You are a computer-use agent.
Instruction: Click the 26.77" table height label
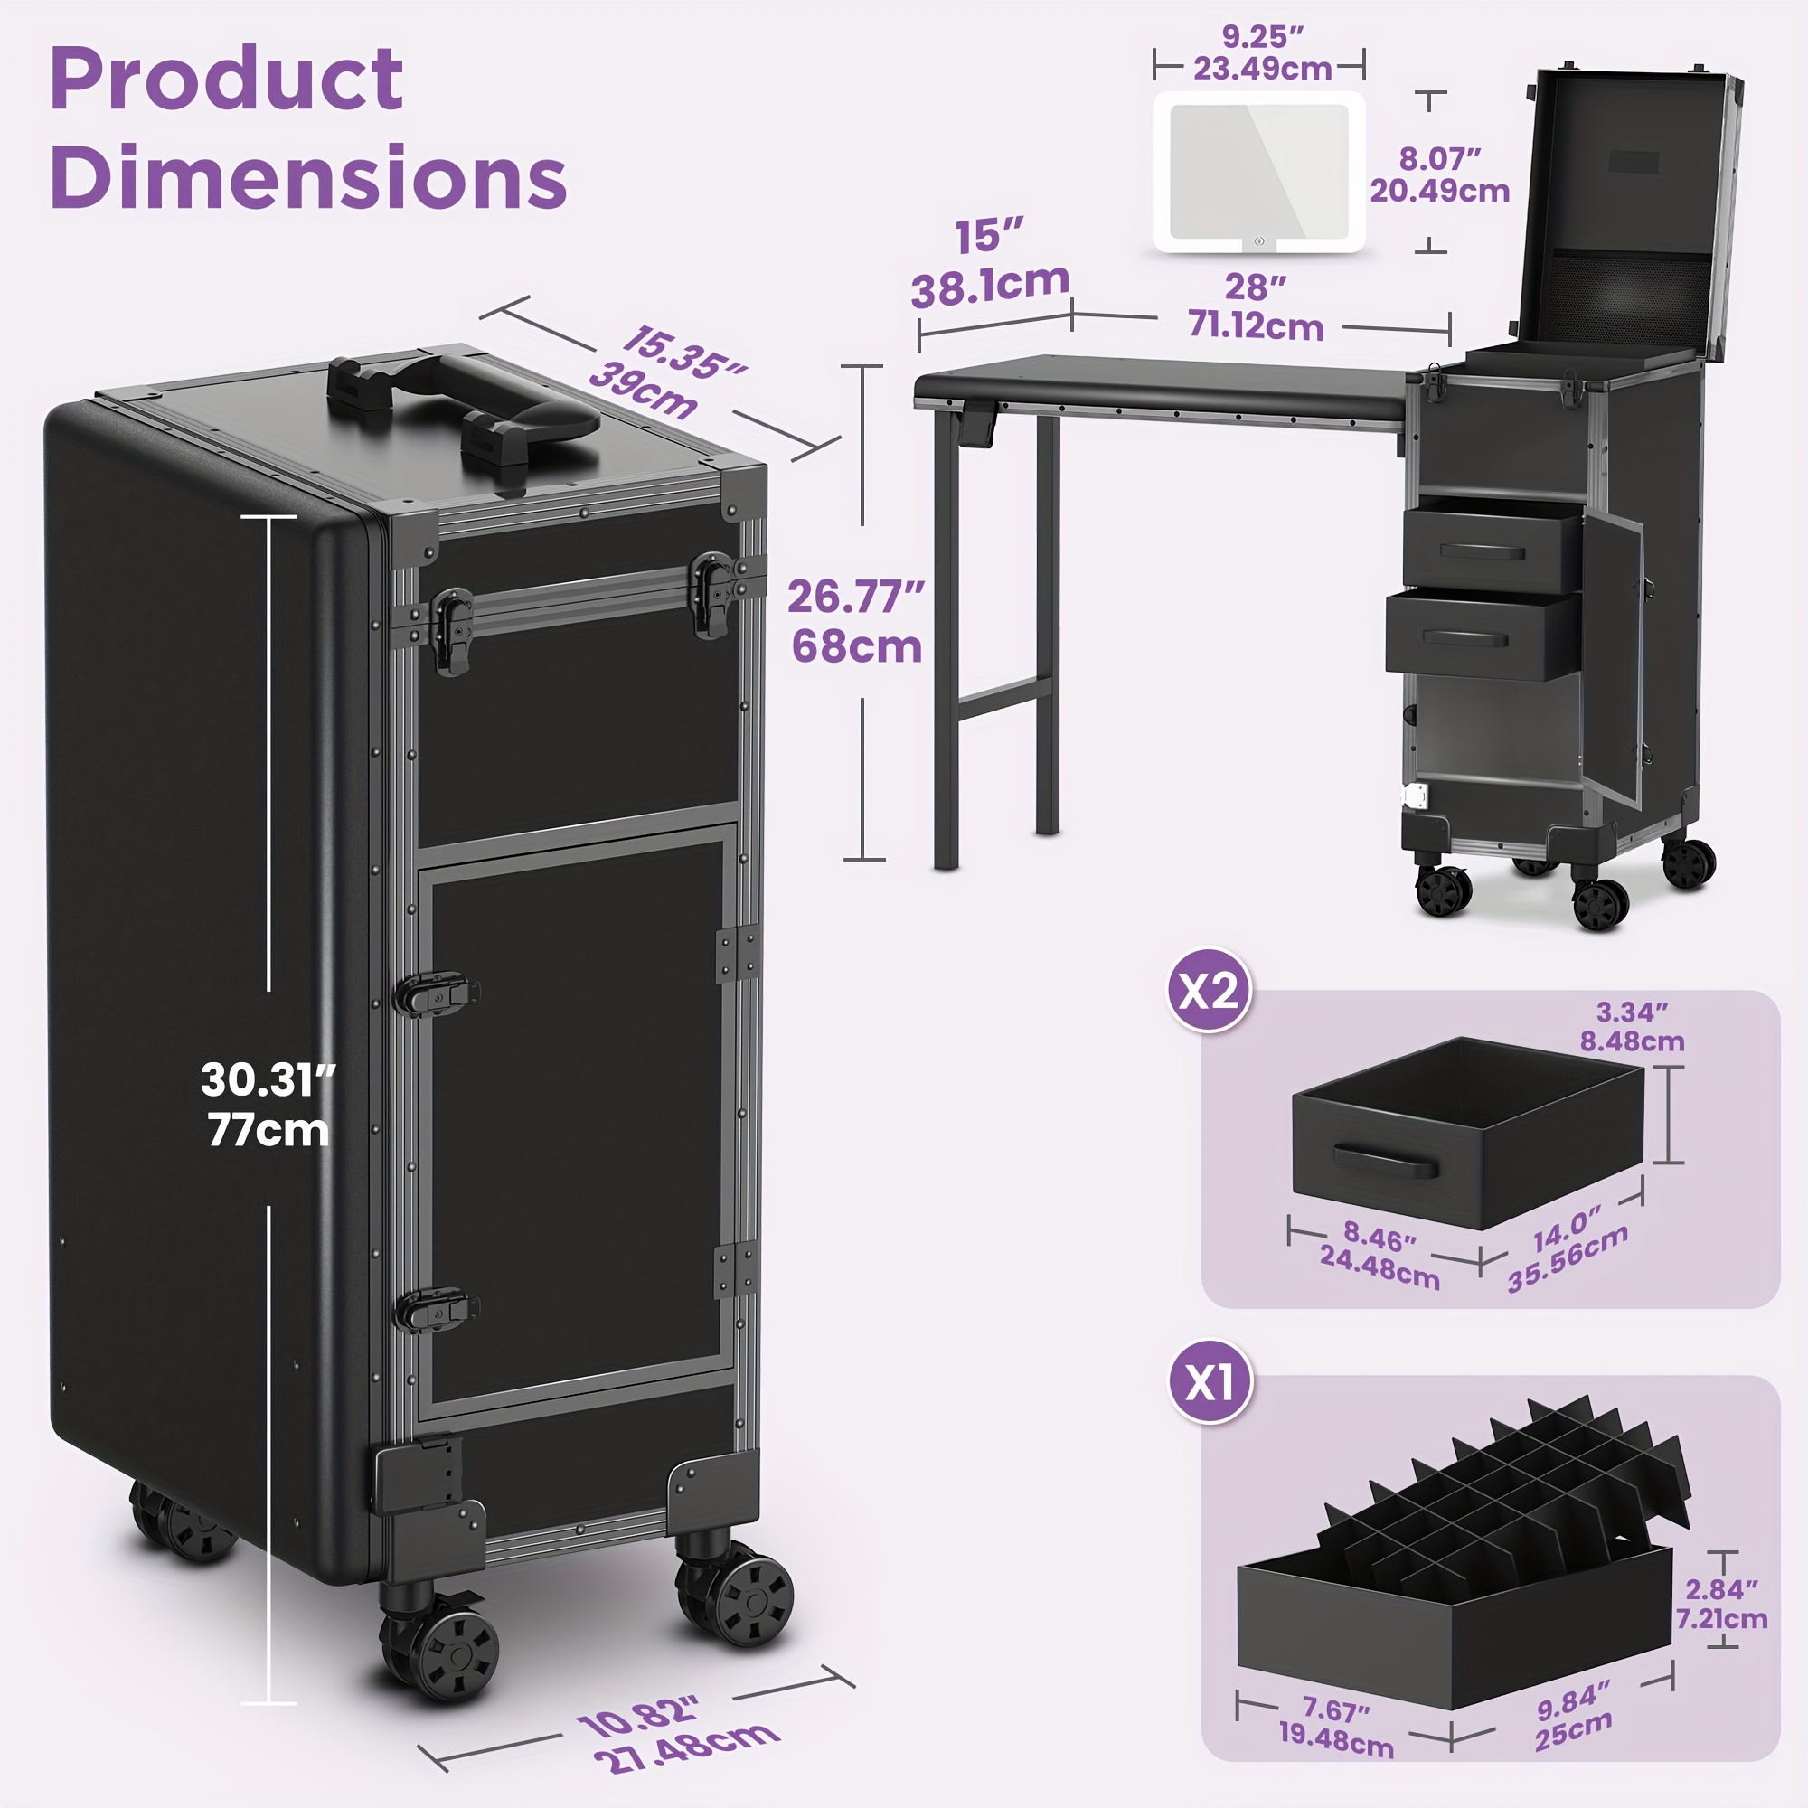coord(855,596)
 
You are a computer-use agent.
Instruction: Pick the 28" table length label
coord(1256,287)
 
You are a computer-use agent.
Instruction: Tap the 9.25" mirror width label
coord(1262,37)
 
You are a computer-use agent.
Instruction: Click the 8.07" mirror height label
coord(1440,158)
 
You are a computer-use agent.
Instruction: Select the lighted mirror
coord(1258,172)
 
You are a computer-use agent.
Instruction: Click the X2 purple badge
coord(1209,990)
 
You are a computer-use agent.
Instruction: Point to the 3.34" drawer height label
coord(1632,1012)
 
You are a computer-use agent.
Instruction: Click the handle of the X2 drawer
coord(1385,1161)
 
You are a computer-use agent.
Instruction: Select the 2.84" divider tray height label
coord(1721,1590)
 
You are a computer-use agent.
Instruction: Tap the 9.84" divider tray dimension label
coord(1574,1700)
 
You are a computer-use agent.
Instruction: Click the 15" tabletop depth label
coord(989,236)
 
